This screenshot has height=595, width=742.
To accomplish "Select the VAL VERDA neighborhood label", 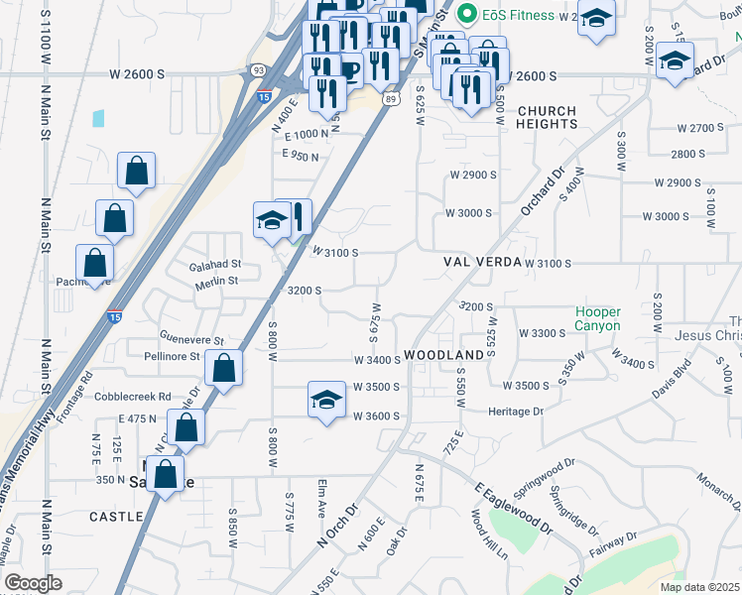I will (482, 264).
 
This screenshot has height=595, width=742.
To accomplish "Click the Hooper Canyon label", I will (598, 318).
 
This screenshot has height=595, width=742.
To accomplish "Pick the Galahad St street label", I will (216, 265).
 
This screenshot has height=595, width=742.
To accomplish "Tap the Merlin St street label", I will (219, 281).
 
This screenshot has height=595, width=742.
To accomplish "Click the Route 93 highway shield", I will (258, 69).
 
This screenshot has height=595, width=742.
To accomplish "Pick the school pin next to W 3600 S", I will (326, 401).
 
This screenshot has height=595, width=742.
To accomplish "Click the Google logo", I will (32, 583).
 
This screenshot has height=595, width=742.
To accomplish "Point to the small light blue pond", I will (98, 118).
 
